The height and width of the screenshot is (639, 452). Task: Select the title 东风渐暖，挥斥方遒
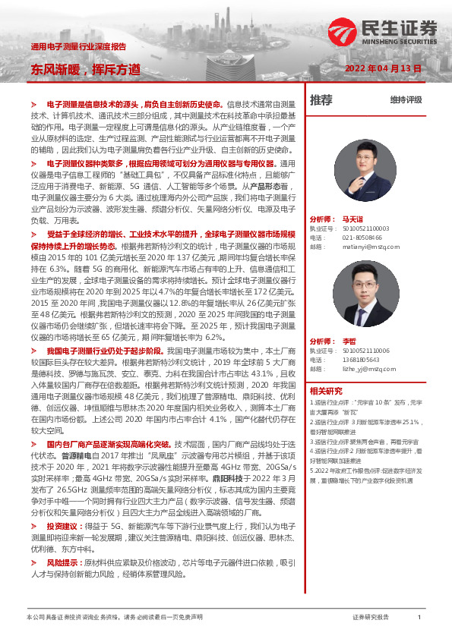coord(85,68)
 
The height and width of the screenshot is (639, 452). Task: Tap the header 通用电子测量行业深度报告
coord(78,46)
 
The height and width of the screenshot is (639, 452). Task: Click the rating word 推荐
coord(321,99)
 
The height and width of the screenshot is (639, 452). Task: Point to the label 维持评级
coord(406,99)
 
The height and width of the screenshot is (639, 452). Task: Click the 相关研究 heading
coord(327,390)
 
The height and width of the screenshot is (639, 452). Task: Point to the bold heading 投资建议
coord(61,525)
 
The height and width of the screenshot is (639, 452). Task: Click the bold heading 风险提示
coord(61,563)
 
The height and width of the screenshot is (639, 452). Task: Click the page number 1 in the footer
coord(419,618)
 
